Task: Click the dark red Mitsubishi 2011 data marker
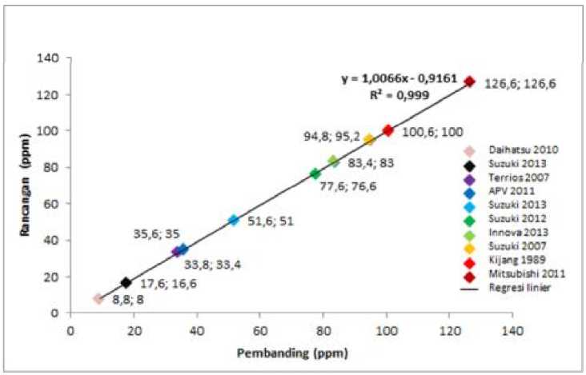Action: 470,82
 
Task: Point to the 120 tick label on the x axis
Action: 450,329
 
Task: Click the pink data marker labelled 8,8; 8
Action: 98,298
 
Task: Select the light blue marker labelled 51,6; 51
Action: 234,220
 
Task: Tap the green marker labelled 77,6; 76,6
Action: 315,174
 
